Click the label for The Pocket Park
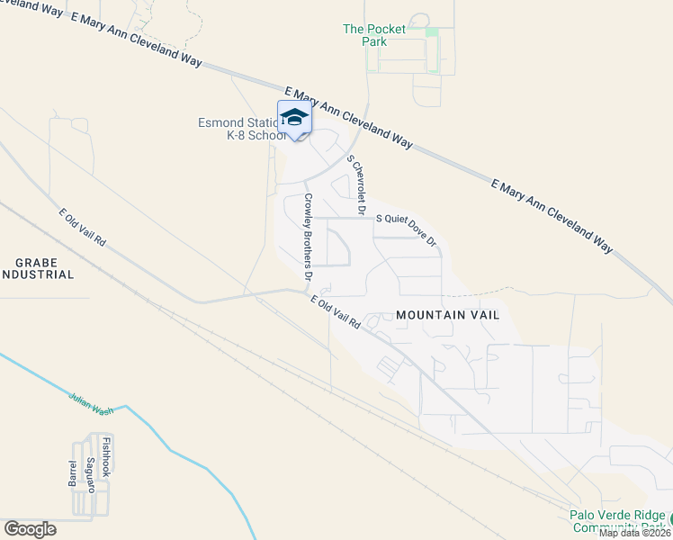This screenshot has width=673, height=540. tap(374, 35)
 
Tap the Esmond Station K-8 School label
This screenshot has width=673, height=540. tap(240, 130)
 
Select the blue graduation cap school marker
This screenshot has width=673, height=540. tap(294, 119)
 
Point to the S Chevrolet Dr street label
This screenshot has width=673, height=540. tap(356, 185)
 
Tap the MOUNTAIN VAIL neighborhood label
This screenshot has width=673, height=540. tap(447, 315)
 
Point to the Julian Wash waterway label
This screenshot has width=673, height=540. tap(91, 402)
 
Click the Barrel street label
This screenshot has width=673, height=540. tap(74, 470)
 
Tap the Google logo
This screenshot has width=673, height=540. tap(30, 528)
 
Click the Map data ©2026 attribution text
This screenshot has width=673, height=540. tap(634, 533)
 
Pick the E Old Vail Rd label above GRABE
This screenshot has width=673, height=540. tap(82, 229)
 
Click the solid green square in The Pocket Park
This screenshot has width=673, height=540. tap(432, 33)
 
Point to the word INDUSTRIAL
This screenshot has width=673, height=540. tap(37, 274)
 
